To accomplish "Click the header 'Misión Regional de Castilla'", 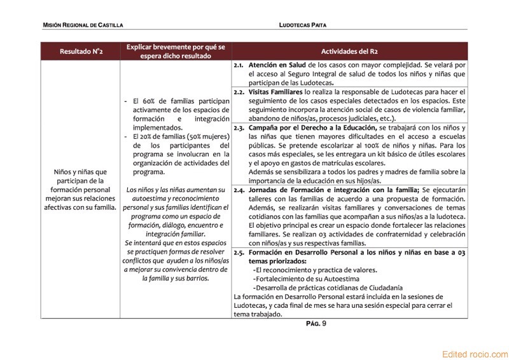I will (83, 25).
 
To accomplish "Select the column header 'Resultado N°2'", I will (81, 51).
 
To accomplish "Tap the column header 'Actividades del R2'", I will (349, 51).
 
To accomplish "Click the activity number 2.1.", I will (239, 66).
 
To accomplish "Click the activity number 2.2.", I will (239, 92).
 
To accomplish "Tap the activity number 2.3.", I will (239, 128).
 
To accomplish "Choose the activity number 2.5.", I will (239, 253).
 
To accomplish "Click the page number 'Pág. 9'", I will (316, 324).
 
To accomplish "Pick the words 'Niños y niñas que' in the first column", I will (81, 172).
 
